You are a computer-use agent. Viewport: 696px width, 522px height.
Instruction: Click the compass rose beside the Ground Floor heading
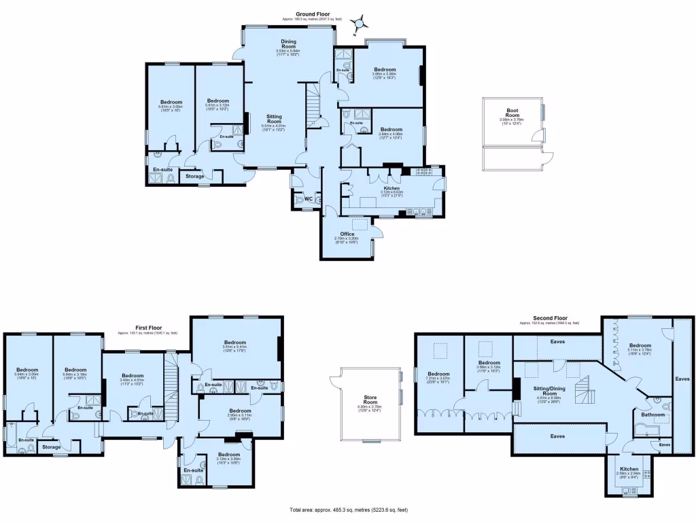click(358, 24)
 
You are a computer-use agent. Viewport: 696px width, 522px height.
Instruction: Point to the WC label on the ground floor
click(308, 199)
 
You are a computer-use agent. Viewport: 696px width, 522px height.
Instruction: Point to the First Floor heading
click(147, 328)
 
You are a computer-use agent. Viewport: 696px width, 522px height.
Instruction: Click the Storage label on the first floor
click(51, 447)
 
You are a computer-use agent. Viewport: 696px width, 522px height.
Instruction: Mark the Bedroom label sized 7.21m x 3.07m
click(438, 375)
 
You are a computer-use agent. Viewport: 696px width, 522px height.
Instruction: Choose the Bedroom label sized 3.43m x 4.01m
click(132, 376)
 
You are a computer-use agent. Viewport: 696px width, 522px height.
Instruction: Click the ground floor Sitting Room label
click(273, 118)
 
